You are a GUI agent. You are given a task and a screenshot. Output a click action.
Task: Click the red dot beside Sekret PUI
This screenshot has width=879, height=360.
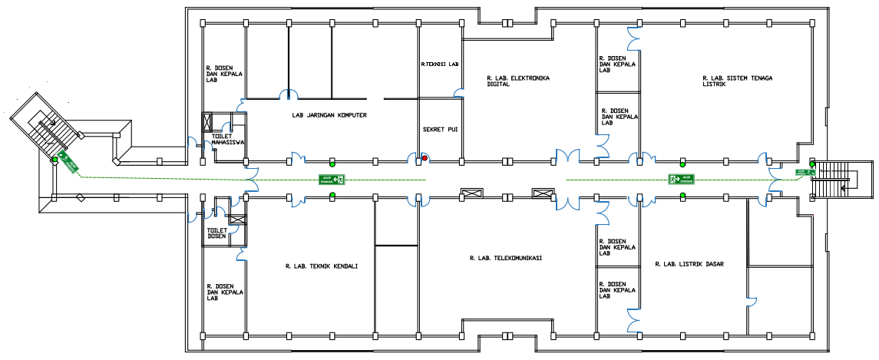click(425, 158)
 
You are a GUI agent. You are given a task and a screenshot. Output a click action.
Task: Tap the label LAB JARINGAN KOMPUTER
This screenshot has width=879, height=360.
click(329, 115)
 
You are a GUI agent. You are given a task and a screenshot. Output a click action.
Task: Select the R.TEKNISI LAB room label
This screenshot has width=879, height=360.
click(439, 64)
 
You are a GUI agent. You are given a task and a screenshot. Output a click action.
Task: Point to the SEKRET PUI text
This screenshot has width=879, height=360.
click(440, 130)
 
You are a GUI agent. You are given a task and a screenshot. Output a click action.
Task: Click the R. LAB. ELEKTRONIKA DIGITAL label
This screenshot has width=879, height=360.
click(518, 81)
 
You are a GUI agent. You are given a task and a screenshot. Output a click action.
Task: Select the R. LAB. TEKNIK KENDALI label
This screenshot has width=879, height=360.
click(321, 267)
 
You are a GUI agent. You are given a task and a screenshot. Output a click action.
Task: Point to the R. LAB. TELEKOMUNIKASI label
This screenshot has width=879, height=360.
click(506, 259)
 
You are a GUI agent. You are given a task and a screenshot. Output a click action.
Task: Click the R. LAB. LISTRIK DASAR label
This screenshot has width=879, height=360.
click(689, 264)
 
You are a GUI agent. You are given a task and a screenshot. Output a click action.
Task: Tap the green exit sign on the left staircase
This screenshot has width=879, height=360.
click(68, 162)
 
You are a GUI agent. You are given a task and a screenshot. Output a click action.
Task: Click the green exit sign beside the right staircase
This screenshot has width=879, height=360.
click(805, 173)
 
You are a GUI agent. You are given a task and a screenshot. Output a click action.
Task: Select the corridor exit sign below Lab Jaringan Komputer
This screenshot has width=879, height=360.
click(332, 180)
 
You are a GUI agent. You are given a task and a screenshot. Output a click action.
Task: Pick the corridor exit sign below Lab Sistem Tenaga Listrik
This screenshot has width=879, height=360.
click(682, 180)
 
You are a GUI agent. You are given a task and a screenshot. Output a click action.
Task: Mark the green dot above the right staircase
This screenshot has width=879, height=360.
click(812, 163)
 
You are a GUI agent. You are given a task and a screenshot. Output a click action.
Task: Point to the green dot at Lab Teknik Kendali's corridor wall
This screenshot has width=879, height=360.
click(332, 196)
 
